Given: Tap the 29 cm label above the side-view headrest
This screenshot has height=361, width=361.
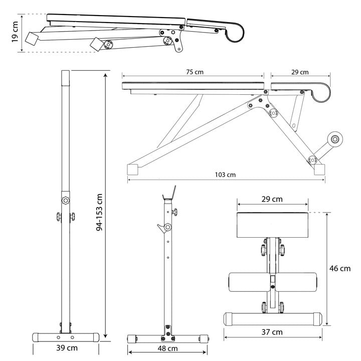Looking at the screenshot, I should pyautogui.click(x=300, y=72).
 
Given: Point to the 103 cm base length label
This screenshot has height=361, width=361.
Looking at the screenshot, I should pyautogui.click(x=225, y=175).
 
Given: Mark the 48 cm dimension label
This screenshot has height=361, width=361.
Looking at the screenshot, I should pyautogui.click(x=168, y=348).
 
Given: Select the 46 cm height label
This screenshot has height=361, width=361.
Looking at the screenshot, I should pyautogui.click(x=339, y=268).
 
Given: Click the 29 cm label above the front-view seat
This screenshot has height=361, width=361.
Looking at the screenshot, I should pyautogui.click(x=272, y=199).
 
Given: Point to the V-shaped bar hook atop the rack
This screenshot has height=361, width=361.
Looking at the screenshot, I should pyautogui.click(x=169, y=192).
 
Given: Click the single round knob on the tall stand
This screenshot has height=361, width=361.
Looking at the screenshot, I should pyautogui.click(x=65, y=200).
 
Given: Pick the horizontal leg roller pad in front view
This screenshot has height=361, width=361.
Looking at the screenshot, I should pyautogui.click(x=272, y=282).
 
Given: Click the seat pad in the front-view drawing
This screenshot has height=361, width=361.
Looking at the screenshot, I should pyautogui.click(x=272, y=224).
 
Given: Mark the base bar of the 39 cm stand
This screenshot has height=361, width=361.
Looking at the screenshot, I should pyautogui.click(x=65, y=336).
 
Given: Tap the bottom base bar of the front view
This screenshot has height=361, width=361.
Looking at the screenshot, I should pyautogui.click(x=272, y=318).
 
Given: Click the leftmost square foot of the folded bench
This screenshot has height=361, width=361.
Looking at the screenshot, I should pyautogui.click(x=34, y=39).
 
